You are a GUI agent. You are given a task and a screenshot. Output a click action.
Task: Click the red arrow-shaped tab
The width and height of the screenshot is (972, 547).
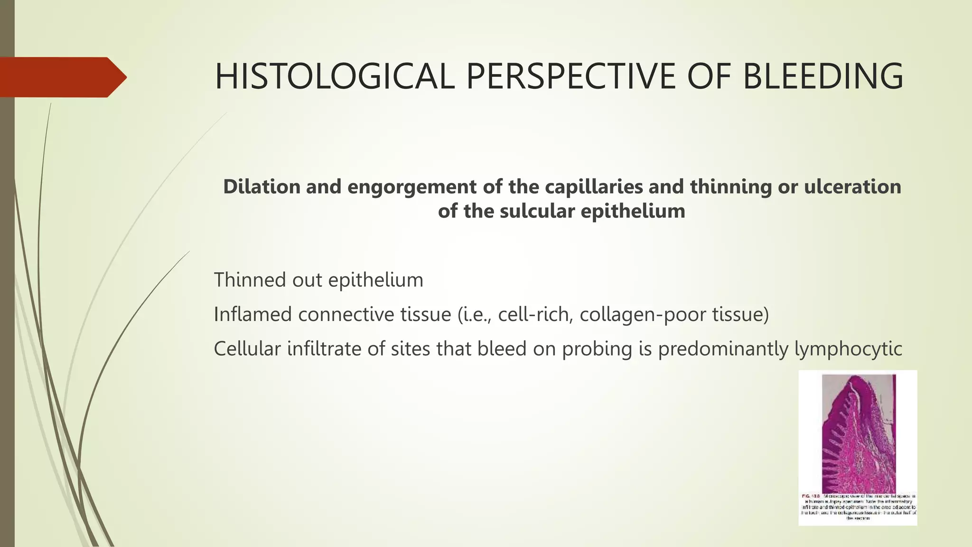point(62,77)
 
